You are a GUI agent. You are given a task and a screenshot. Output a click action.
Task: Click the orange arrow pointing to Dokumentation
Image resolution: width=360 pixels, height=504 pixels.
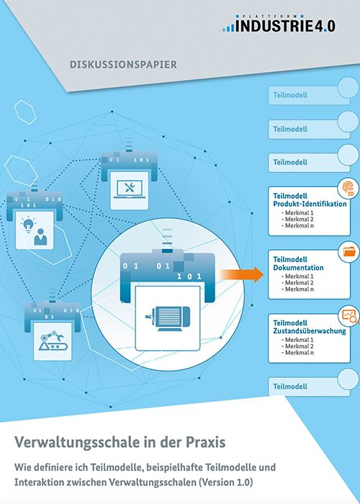tap(241, 274)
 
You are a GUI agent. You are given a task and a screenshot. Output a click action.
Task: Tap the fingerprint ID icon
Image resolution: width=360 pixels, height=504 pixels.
tap(348, 189)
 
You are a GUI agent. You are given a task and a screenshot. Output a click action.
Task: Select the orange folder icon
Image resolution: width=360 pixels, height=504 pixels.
tap(349, 251)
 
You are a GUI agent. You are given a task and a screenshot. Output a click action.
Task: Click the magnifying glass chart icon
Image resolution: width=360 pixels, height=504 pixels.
tap(350, 316)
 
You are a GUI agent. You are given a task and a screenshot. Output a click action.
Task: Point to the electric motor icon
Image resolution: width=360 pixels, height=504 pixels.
tap(168, 318)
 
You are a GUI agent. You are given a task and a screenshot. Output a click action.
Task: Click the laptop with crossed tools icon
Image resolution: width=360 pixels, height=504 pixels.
tap(129, 189)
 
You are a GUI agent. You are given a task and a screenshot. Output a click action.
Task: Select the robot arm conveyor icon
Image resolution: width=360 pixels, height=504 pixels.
tap(53, 341)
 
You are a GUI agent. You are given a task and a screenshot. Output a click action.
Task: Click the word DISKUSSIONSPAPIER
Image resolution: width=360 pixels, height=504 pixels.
tap(123, 64)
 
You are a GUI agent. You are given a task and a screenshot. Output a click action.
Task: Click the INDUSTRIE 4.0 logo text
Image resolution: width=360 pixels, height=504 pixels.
tap(285, 26)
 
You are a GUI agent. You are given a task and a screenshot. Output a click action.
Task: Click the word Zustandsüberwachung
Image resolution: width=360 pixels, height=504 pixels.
tap(310, 330)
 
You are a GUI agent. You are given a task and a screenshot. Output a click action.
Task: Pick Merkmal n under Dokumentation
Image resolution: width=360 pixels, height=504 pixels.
tap(297, 289)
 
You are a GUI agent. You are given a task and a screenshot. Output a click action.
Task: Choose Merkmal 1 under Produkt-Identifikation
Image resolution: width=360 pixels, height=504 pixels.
tap(297, 213)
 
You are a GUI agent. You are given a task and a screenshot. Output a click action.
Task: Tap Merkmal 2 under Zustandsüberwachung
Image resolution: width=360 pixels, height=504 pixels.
tap(297, 346)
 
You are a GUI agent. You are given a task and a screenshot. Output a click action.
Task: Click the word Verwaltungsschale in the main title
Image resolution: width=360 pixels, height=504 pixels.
tap(72, 443)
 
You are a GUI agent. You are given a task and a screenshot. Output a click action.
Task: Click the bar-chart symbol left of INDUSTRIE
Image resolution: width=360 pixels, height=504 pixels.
tap(228, 27)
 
